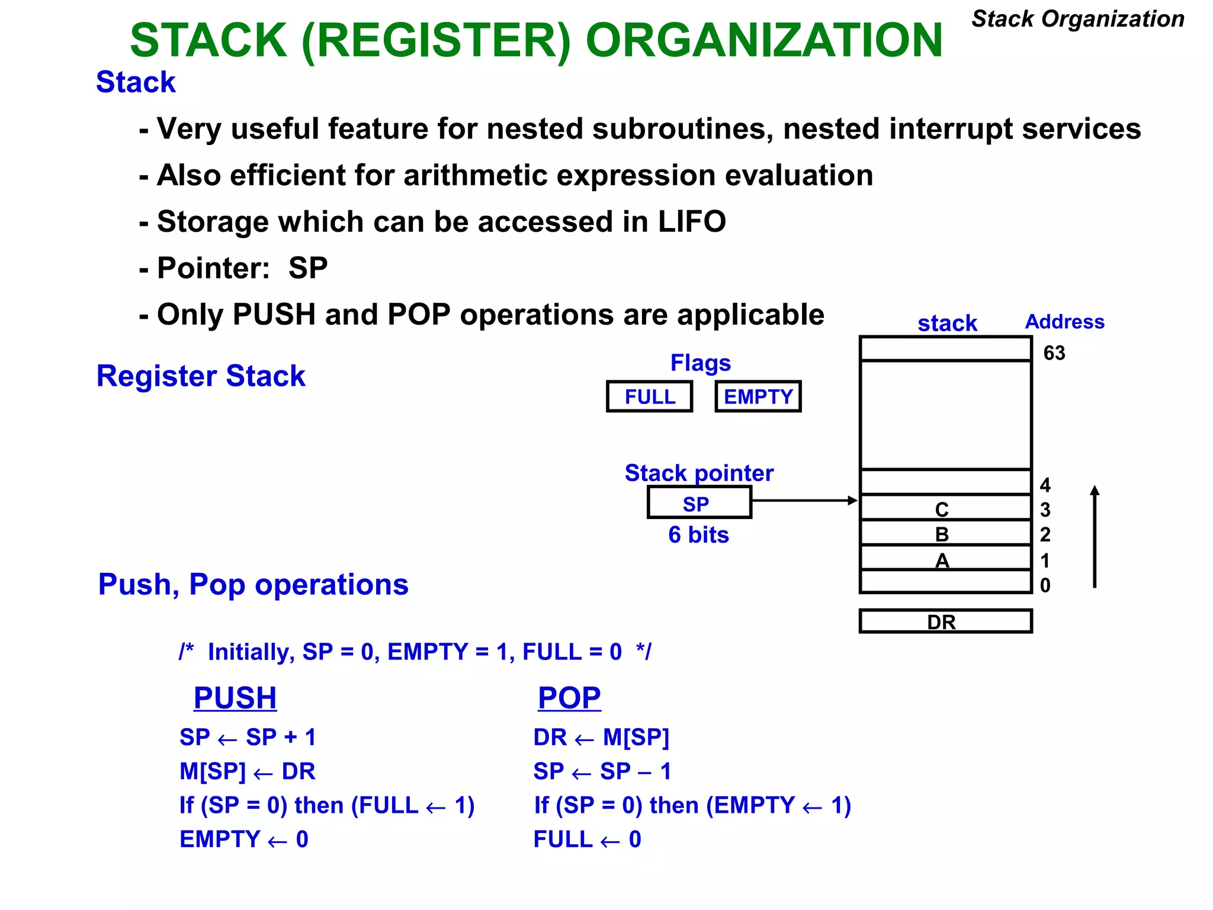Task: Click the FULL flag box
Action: coord(649,396)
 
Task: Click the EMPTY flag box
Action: coord(758,396)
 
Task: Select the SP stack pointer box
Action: coord(699,502)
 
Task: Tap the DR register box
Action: coord(945,621)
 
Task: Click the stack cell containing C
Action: coord(945,508)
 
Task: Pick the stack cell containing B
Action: coord(945,533)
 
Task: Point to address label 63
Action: coord(1054,353)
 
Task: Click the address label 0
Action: coord(1045,585)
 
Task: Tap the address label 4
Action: coord(1045,485)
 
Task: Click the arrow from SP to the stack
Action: coord(804,501)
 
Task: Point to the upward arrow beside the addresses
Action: coord(1095,536)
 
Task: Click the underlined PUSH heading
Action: coord(235,697)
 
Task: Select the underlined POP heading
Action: coord(569,697)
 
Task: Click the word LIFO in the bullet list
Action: coord(691,222)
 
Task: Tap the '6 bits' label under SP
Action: coord(698,535)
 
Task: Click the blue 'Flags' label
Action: coord(700,363)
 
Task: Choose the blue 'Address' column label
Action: coord(1064,322)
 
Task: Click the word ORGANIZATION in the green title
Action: coord(763,40)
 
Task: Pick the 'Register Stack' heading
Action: coord(201,376)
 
